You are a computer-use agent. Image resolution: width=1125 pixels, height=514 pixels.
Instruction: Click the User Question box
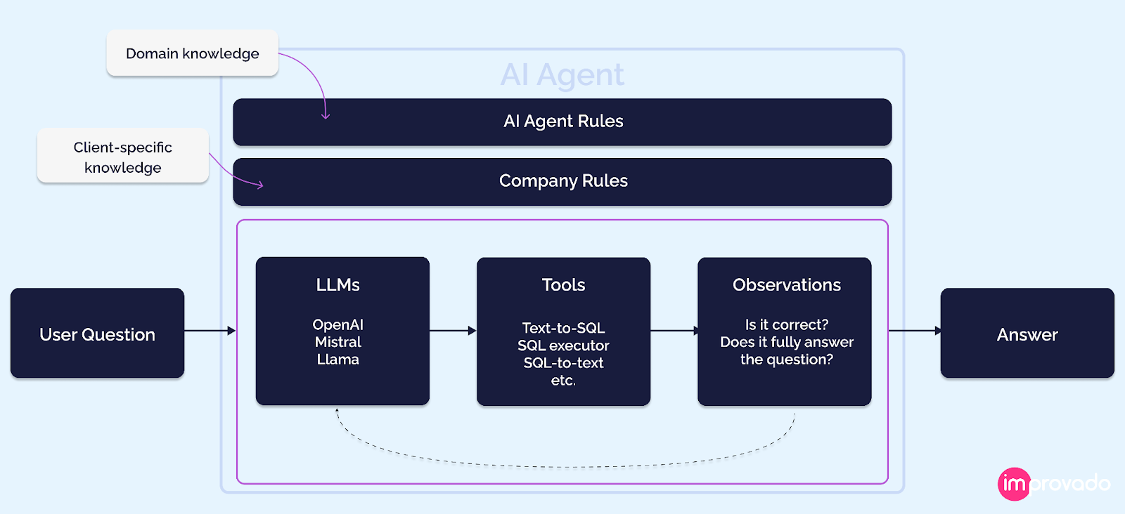pos(97,334)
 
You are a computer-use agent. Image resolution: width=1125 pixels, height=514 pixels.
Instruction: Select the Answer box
pos(1027,334)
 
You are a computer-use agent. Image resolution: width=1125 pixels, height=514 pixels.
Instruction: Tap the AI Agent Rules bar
pos(562,121)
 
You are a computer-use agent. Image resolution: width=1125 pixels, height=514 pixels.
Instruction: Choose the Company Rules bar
pos(562,181)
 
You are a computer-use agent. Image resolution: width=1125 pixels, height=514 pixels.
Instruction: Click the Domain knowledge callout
pos(192,53)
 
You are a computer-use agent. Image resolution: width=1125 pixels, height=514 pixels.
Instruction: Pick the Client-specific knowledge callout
pos(122,157)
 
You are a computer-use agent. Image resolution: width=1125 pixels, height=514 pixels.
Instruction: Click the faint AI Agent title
pos(562,74)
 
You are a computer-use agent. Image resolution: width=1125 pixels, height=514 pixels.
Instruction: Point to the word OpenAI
pos(337,324)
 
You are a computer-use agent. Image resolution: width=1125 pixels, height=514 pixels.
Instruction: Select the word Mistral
pos(337,342)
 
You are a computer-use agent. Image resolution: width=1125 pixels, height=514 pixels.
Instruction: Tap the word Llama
pos(337,360)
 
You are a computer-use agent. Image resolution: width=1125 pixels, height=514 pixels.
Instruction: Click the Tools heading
pos(563,284)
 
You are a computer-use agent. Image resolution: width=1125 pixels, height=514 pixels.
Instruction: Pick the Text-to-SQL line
pos(563,328)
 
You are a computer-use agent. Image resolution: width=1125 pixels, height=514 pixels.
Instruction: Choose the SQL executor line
pos(563,345)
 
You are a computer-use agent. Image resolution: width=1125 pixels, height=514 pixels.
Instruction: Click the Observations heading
pos(786,284)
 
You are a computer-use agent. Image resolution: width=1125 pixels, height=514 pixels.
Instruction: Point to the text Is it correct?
pos(786,324)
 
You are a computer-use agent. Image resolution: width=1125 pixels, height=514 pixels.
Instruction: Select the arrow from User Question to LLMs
pos(210,330)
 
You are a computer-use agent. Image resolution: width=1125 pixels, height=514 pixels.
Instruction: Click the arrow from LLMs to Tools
pos(453,330)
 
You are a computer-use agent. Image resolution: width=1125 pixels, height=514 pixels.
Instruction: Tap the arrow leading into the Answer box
pos(914,330)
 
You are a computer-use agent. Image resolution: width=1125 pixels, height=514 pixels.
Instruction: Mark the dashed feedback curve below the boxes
pos(562,466)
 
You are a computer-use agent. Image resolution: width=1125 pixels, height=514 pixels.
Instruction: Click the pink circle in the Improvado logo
pos(1013,484)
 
